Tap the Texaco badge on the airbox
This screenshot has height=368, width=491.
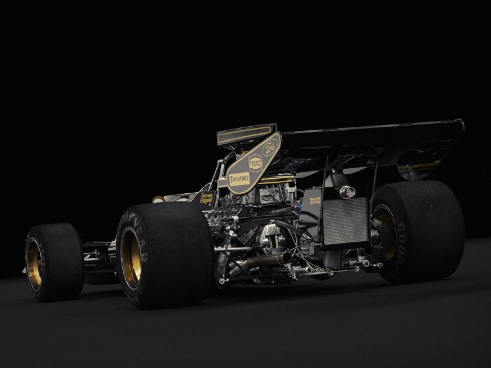point(255,162)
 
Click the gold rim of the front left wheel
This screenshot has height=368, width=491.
point(34,263)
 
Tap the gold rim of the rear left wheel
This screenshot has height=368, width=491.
point(131,257)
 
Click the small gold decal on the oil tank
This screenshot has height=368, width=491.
point(314,200)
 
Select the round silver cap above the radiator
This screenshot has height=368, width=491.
point(347,192)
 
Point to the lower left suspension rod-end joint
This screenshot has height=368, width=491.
point(222,281)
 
